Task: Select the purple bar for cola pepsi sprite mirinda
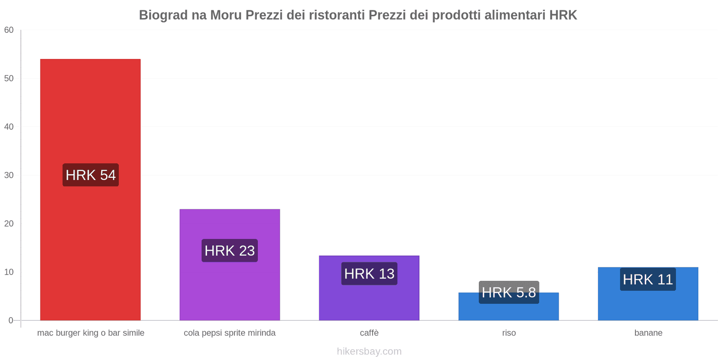229,283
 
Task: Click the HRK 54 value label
90,175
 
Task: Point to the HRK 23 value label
229,251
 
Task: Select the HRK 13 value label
369,274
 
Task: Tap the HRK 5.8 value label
508,292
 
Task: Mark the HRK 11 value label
648,279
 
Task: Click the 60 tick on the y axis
9,30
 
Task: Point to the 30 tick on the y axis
9,175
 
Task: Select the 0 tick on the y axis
11,320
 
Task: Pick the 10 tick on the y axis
9,272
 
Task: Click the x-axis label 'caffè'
369,333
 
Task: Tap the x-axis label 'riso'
509,333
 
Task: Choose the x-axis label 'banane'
648,333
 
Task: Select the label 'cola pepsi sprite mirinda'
229,333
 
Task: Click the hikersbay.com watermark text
369,351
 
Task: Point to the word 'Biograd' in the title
163,15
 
